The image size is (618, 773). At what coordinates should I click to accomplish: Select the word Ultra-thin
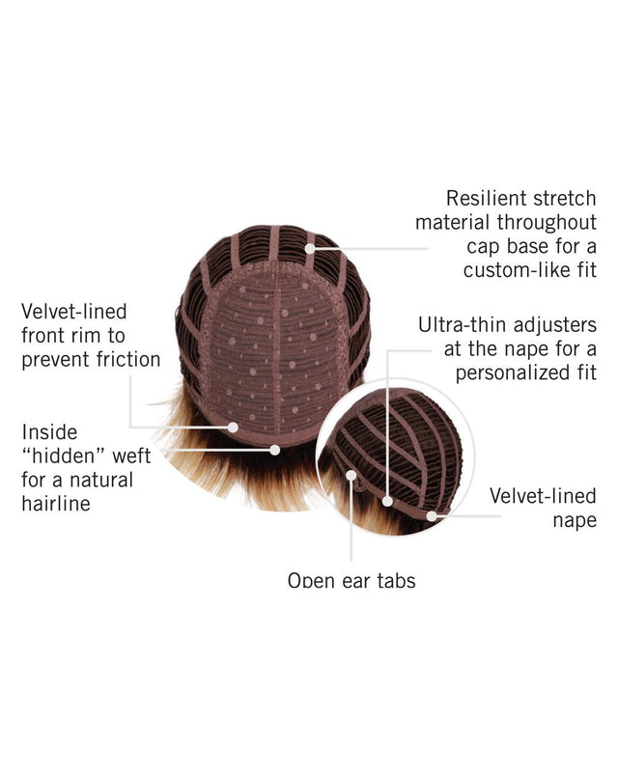pyautogui.click(x=463, y=325)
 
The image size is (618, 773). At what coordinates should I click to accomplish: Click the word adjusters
pyautogui.click(x=555, y=325)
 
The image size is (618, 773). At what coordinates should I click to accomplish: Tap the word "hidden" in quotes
pyautogui.click(x=64, y=456)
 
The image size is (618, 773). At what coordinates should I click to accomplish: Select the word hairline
pyautogui.click(x=56, y=504)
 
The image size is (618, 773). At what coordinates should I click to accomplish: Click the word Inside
pyautogui.click(x=49, y=432)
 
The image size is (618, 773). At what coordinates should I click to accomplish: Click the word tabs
pyautogui.click(x=396, y=580)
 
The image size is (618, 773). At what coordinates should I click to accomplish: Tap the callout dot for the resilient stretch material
pyautogui.click(x=310, y=248)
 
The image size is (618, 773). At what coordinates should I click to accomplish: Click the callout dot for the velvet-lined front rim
pyautogui.click(x=233, y=428)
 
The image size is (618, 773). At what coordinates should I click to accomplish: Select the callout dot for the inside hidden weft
pyautogui.click(x=275, y=450)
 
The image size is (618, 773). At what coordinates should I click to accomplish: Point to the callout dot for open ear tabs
pyautogui.click(x=351, y=475)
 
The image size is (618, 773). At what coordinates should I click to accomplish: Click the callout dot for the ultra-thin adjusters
pyautogui.click(x=387, y=502)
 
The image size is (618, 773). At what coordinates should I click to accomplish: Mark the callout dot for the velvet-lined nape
pyautogui.click(x=432, y=516)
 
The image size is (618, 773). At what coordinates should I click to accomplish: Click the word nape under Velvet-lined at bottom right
pyautogui.click(x=575, y=521)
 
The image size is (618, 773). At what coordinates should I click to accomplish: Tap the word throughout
pyautogui.click(x=547, y=223)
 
